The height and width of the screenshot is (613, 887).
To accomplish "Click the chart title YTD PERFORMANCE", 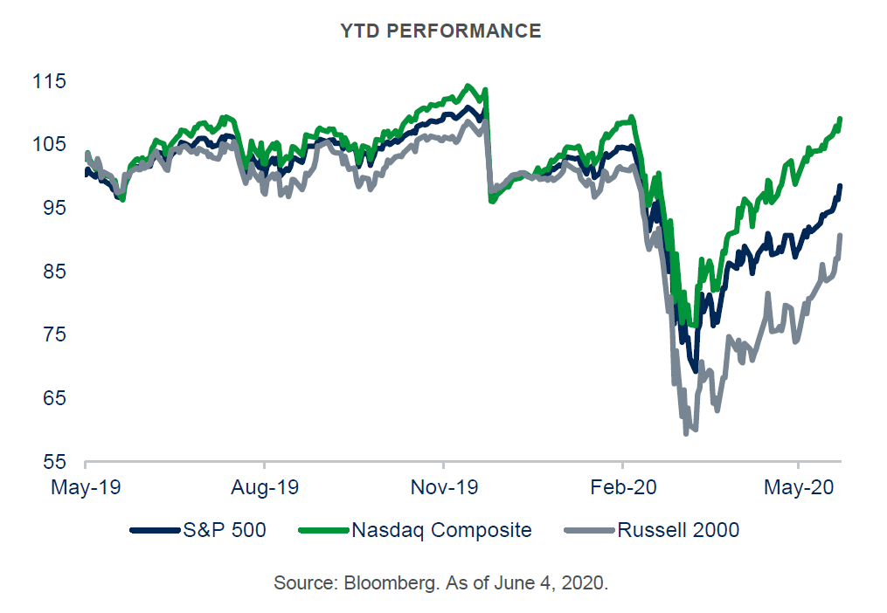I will point(440,31).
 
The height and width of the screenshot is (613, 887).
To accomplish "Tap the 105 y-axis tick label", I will point(49,144).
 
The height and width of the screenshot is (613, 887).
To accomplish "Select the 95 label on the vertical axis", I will point(54,208).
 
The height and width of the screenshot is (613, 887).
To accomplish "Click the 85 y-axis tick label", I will point(54,272).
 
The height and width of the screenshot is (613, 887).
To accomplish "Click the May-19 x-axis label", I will point(85,486).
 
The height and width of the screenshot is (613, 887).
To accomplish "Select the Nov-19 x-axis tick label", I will point(443,486).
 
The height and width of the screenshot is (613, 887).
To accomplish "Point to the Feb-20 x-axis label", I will point(621,486).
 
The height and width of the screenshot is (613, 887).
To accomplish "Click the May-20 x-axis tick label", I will point(799,486).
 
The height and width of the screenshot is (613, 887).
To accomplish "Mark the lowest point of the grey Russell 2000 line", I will point(686,432).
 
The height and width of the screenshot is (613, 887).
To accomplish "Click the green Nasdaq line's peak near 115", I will point(468,86).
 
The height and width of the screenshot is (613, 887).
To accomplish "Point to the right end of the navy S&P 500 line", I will point(840,186).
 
